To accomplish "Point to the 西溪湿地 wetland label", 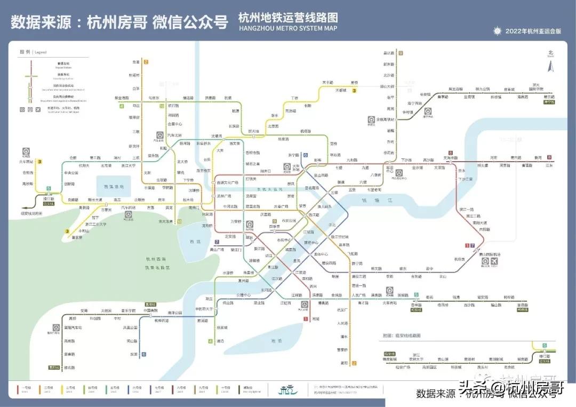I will pyautogui.click(x=113, y=187).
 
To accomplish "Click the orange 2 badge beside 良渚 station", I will pyautogui.click(x=146, y=62).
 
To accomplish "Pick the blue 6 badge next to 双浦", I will pyautogui.click(x=143, y=354).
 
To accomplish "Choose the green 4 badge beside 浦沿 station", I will pyautogui.click(x=210, y=341).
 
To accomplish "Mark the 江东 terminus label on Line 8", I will pyautogui.click(x=549, y=165).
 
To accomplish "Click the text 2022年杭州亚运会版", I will pyautogui.click(x=533, y=31).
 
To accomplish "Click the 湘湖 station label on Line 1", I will pyautogui.click(x=315, y=319).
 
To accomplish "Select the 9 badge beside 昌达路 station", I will pyautogui.click(x=400, y=53).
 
